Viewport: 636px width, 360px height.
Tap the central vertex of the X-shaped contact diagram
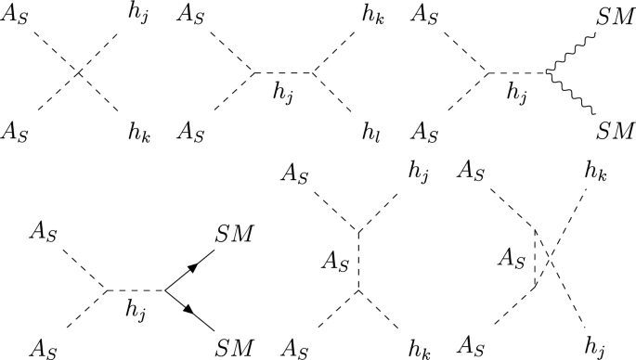point(80,71)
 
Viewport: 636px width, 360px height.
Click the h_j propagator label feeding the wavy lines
point(511,90)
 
